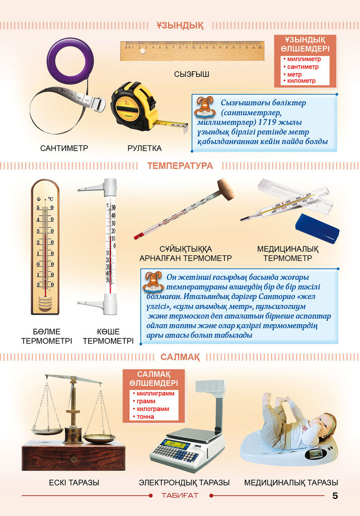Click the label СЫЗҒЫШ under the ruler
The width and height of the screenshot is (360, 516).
191,74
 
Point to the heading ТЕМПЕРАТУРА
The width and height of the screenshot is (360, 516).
180,166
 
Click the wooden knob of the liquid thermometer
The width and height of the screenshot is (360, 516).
225,189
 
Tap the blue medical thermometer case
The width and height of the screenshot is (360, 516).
317,228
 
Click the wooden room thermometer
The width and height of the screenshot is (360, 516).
45,247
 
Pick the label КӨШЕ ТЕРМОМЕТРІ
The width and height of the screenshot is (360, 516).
108,336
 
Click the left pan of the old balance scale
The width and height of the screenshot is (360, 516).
47,431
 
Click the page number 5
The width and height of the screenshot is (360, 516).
335,495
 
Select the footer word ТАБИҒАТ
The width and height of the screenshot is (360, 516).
180,495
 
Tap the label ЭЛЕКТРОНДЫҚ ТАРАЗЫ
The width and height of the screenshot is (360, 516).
184,483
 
